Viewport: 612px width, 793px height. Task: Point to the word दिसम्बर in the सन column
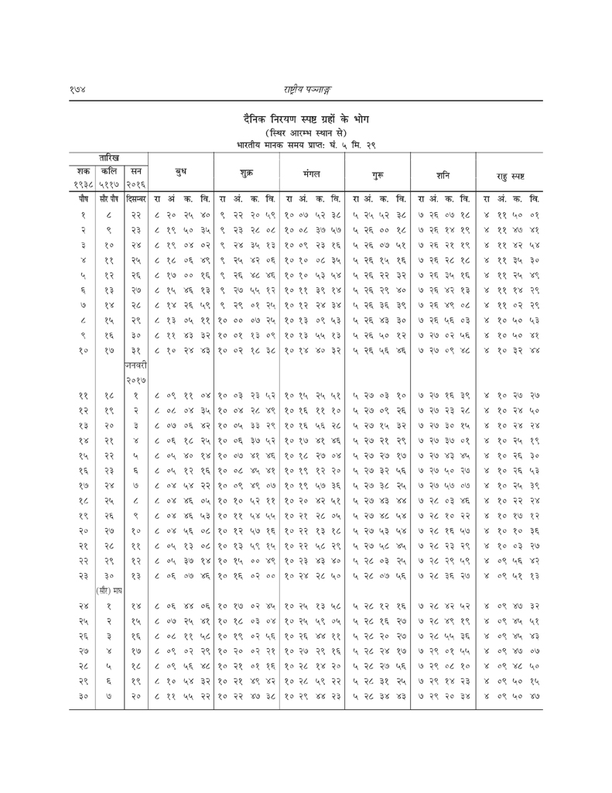point(136,200)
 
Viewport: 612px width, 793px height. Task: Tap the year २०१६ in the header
point(136,184)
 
